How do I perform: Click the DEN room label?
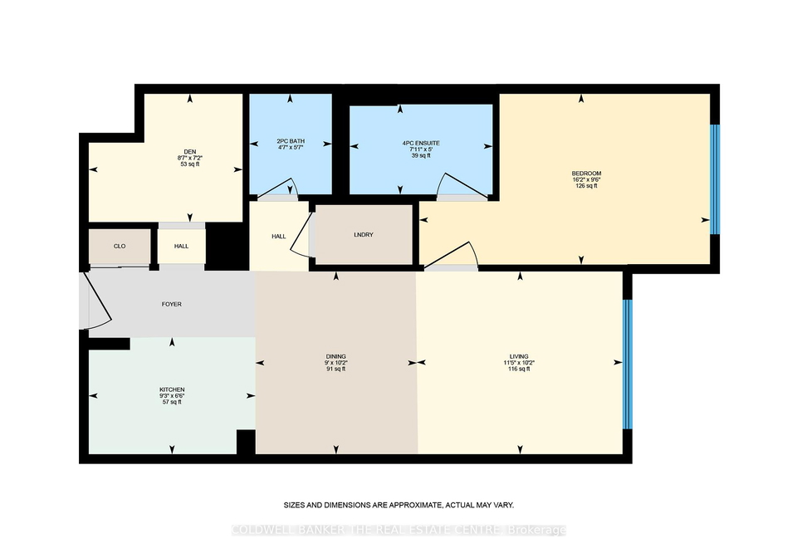tap(190, 151)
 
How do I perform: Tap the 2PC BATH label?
tap(291, 141)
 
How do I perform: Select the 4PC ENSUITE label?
tap(421, 144)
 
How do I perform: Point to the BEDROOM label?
tap(586, 174)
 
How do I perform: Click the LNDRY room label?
tap(364, 235)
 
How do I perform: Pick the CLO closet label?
tap(120, 246)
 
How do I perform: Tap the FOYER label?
tap(172, 305)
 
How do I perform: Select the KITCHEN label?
tap(172, 389)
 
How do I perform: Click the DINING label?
tap(336, 357)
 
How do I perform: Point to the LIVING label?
tap(519, 357)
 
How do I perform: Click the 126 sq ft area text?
tap(586, 186)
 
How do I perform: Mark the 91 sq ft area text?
tap(336, 370)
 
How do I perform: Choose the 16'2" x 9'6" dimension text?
tap(586, 180)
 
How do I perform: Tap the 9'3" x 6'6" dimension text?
tap(172, 396)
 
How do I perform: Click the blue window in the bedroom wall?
tap(715, 179)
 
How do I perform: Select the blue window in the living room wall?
tap(628, 365)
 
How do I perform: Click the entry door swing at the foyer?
tap(98, 301)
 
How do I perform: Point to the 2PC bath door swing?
tap(279, 187)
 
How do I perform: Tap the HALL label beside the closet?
tap(182, 246)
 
